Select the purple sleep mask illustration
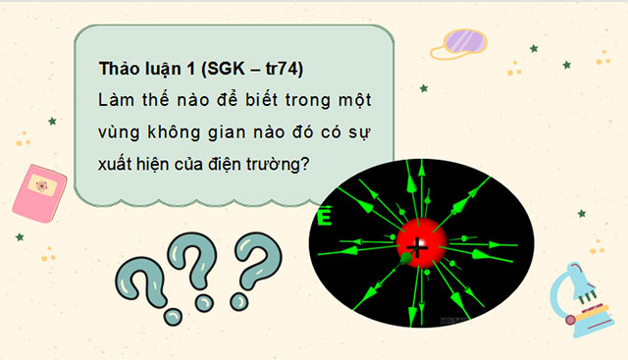[x=465, y=42]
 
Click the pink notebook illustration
[x=40, y=187]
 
